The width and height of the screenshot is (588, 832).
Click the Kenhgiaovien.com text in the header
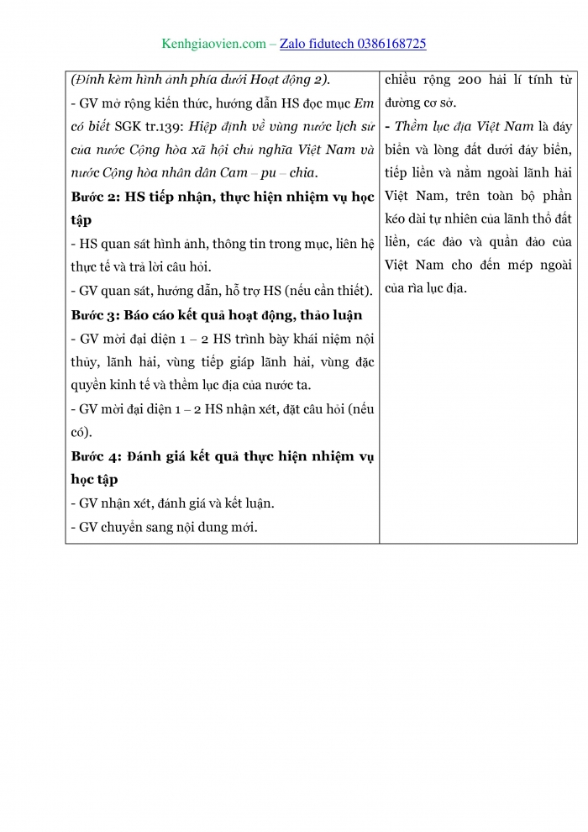pyautogui.click(x=213, y=44)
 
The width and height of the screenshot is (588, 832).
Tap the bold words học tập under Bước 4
pyautogui.click(x=94, y=479)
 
